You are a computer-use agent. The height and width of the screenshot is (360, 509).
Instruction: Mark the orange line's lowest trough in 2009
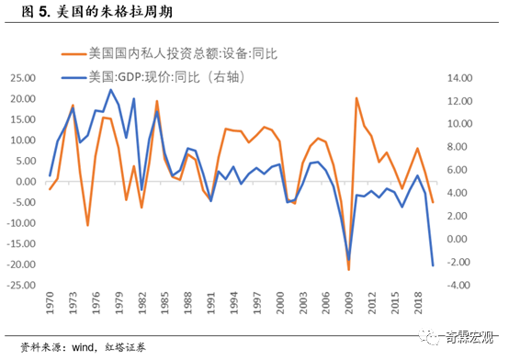click(349, 269)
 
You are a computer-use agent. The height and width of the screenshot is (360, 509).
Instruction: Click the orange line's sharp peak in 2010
click(356, 98)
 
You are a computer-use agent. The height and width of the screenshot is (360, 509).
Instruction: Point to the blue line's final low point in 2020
click(433, 265)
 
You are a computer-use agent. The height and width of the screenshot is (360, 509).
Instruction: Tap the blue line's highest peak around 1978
click(111, 90)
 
